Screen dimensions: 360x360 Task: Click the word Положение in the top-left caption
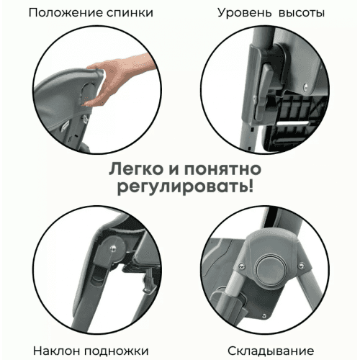[x=66, y=13]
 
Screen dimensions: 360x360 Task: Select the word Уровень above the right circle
[x=245, y=13]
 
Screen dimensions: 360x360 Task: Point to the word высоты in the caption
[x=302, y=13]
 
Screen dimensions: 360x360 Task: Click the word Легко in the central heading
[x=136, y=169]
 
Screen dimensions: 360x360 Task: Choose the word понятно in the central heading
[x=222, y=169]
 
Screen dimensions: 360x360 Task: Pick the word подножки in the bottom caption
[x=117, y=351]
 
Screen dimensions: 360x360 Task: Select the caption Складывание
[x=271, y=351]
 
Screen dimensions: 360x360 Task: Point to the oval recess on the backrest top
[x=88, y=91]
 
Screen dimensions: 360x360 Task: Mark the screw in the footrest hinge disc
[x=112, y=248]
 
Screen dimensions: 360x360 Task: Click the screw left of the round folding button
[x=243, y=266]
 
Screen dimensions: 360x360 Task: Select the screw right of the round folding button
[x=302, y=266]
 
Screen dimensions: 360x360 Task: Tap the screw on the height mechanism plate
[x=305, y=87]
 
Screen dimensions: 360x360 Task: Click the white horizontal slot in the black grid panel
[x=292, y=124]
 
